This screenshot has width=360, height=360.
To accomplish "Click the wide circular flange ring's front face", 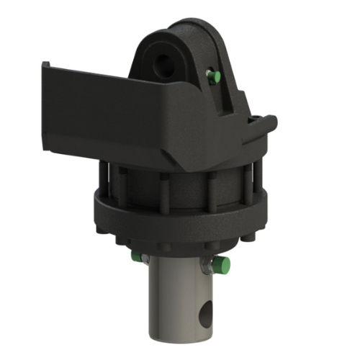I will (180, 216).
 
